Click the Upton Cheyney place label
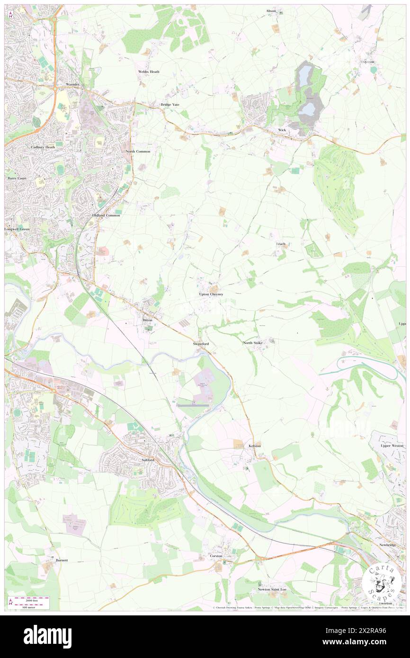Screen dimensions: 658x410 (211, 294)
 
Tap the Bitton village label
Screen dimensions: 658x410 (148, 320)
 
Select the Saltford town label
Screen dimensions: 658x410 (148, 460)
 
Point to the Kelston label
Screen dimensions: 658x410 (255, 446)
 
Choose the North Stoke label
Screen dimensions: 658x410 (252, 343)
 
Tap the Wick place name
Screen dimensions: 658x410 (282, 130)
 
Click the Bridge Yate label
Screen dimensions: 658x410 (169, 104)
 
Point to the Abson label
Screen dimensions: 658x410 (271, 10)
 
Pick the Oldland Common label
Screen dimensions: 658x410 (106, 215)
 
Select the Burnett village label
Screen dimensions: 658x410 (62, 560)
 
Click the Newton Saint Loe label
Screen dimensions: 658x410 (272, 589)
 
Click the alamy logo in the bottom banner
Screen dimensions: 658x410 (47, 636)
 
